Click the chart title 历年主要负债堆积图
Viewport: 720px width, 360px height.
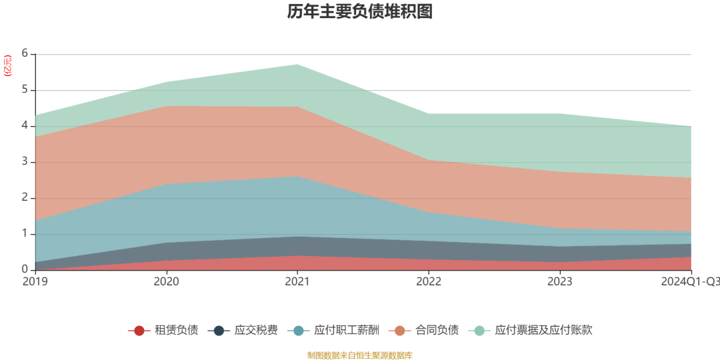point(360,12)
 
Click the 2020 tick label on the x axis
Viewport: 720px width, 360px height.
point(166,282)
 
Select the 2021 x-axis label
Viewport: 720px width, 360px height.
point(297,282)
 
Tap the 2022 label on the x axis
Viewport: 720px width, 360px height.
point(429,282)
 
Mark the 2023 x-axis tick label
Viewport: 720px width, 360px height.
point(560,282)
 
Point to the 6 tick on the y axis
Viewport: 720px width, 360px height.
point(25,53)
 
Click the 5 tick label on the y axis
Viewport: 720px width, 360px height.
point(25,89)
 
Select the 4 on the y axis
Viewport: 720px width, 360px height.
point(25,125)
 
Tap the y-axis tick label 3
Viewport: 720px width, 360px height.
point(25,162)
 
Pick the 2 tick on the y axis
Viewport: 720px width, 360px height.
point(25,198)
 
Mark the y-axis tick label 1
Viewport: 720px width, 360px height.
point(25,234)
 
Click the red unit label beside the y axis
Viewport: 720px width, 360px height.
point(7,66)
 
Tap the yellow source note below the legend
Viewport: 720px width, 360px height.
point(360,355)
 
